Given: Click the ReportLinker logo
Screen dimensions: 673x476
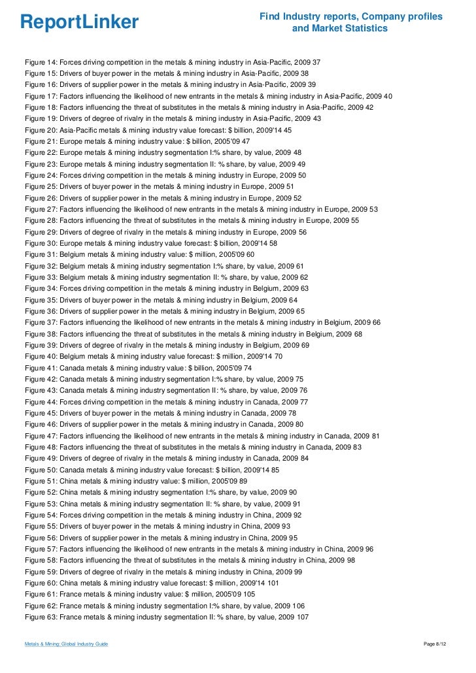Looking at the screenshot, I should point(80,22).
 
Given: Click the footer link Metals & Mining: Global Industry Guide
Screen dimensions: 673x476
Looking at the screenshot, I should point(66,644).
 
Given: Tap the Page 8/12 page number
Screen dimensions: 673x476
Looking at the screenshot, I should point(437,644).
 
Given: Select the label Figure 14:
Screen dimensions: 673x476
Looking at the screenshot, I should point(41,62).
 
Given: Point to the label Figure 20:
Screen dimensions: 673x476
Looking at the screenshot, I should point(41,129).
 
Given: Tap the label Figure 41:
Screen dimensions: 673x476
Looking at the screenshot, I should point(41,368).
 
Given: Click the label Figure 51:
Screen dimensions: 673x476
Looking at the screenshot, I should point(41,482).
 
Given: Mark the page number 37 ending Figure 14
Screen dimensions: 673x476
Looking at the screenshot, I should point(316,62).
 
